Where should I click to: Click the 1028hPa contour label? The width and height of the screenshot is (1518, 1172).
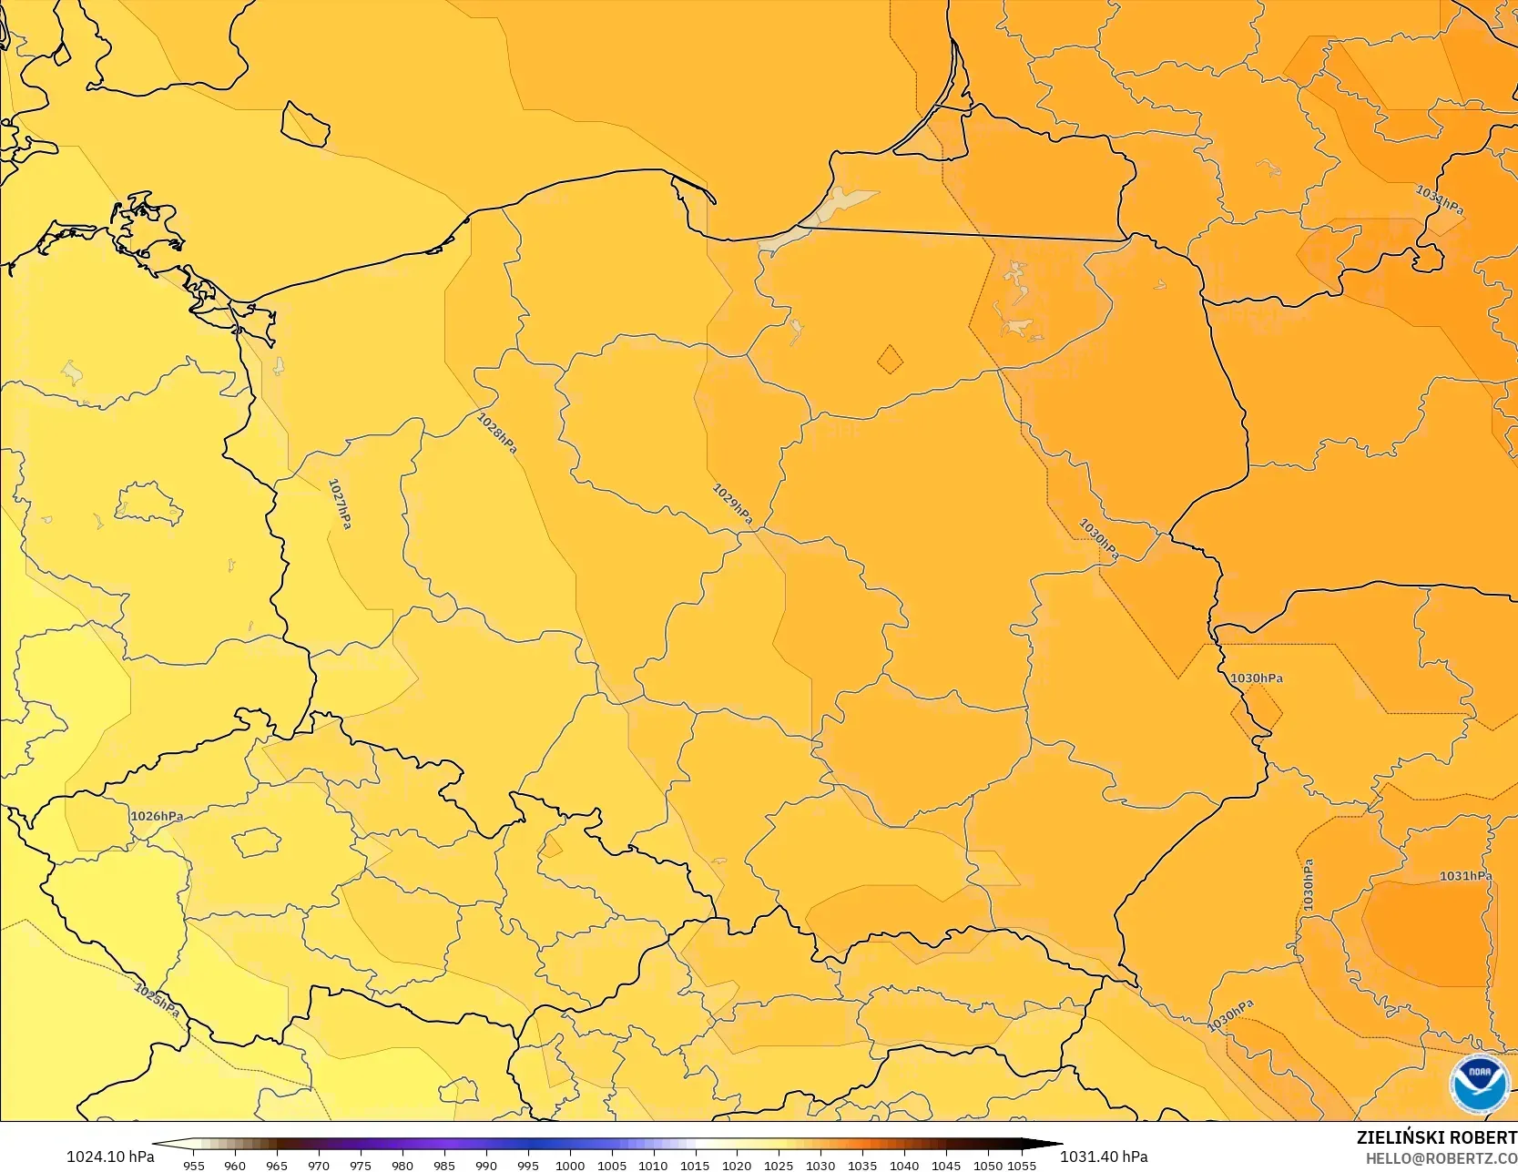pyautogui.click(x=497, y=433)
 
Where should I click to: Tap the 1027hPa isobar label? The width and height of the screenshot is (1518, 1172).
pyautogui.click(x=340, y=504)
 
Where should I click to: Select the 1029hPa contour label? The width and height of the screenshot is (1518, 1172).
pyautogui.click(x=732, y=504)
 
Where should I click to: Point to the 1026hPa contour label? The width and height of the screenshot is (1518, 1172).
pyautogui.click(x=157, y=816)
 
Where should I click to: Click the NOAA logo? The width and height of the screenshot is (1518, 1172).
pyautogui.click(x=1480, y=1084)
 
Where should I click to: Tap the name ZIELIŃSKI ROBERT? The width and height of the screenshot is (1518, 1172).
pyautogui.click(x=1436, y=1137)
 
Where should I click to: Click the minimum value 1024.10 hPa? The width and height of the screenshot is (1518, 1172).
pyautogui.click(x=110, y=1157)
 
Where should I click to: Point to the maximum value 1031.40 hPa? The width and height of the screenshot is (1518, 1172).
pyautogui.click(x=1104, y=1157)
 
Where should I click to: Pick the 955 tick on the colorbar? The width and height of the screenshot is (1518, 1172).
pyautogui.click(x=194, y=1165)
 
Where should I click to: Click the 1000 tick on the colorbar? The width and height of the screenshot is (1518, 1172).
pyautogui.click(x=570, y=1165)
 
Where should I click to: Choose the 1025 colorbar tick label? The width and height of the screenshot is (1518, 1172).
pyautogui.click(x=779, y=1165)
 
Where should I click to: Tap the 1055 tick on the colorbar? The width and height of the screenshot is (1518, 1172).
pyautogui.click(x=1022, y=1165)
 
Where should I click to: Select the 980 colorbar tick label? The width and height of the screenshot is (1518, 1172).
pyautogui.click(x=402, y=1165)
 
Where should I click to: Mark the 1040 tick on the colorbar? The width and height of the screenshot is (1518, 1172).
pyautogui.click(x=904, y=1165)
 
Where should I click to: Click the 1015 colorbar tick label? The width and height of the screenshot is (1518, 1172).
pyautogui.click(x=695, y=1165)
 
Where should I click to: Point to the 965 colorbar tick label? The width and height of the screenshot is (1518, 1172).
pyautogui.click(x=277, y=1165)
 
